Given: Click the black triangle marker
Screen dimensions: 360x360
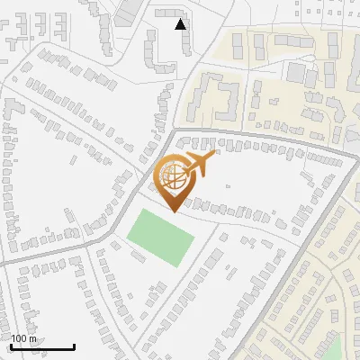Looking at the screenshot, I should point(181,24).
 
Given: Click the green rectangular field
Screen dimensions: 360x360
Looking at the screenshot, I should point(160,236).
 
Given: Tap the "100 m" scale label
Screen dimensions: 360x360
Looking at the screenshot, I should point(24,338).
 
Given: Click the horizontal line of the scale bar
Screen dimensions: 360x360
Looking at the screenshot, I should point(41,346).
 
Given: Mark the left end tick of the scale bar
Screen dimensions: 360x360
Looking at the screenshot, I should point(10,345).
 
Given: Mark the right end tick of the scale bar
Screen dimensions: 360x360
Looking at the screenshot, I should point(74,345).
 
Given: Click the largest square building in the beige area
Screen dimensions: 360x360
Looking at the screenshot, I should point(297,72).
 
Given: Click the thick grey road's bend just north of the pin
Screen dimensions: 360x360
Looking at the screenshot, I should point(173,132).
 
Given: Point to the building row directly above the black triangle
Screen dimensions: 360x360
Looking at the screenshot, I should point(170,13).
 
